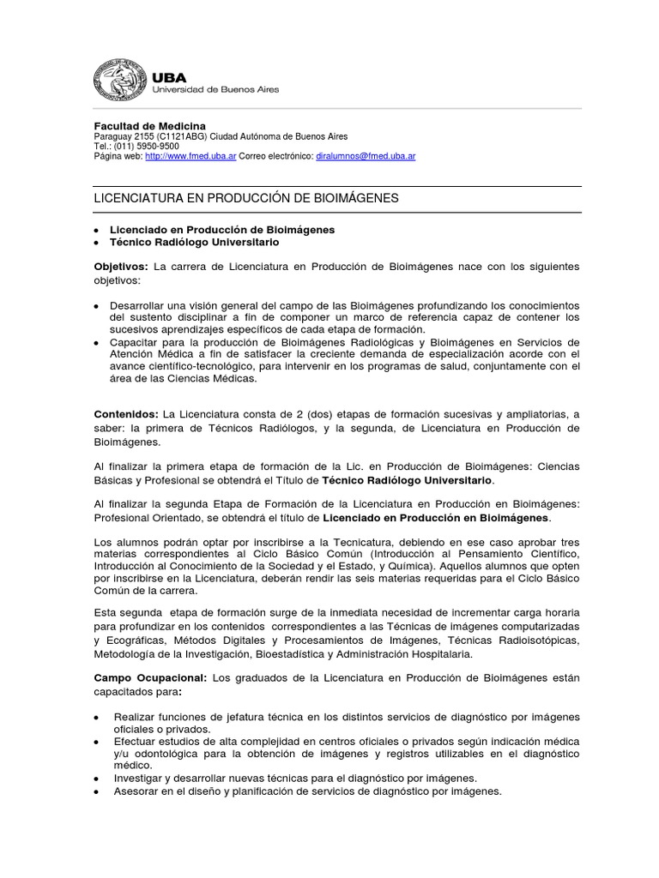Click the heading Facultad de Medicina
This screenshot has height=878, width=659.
click(x=149, y=126)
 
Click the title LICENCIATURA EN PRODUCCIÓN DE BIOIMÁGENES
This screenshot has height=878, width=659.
click(x=245, y=199)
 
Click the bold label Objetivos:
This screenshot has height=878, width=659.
click(x=121, y=267)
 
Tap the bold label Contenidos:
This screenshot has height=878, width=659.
click(x=125, y=414)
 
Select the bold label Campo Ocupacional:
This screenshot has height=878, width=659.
click(x=149, y=677)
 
